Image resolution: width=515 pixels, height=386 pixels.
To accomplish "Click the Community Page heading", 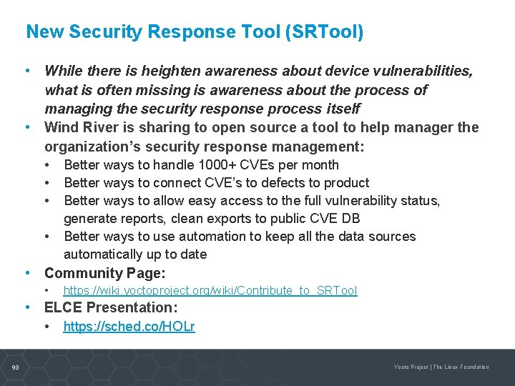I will coord(104,273).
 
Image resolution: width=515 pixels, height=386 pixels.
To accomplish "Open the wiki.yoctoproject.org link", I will coord(210,291).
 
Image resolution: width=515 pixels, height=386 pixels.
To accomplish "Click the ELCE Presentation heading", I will coord(111,308).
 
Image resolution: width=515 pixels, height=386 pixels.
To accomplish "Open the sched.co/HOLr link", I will coord(129,327).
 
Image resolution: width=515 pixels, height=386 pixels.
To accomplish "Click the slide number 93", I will coord(16,367).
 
